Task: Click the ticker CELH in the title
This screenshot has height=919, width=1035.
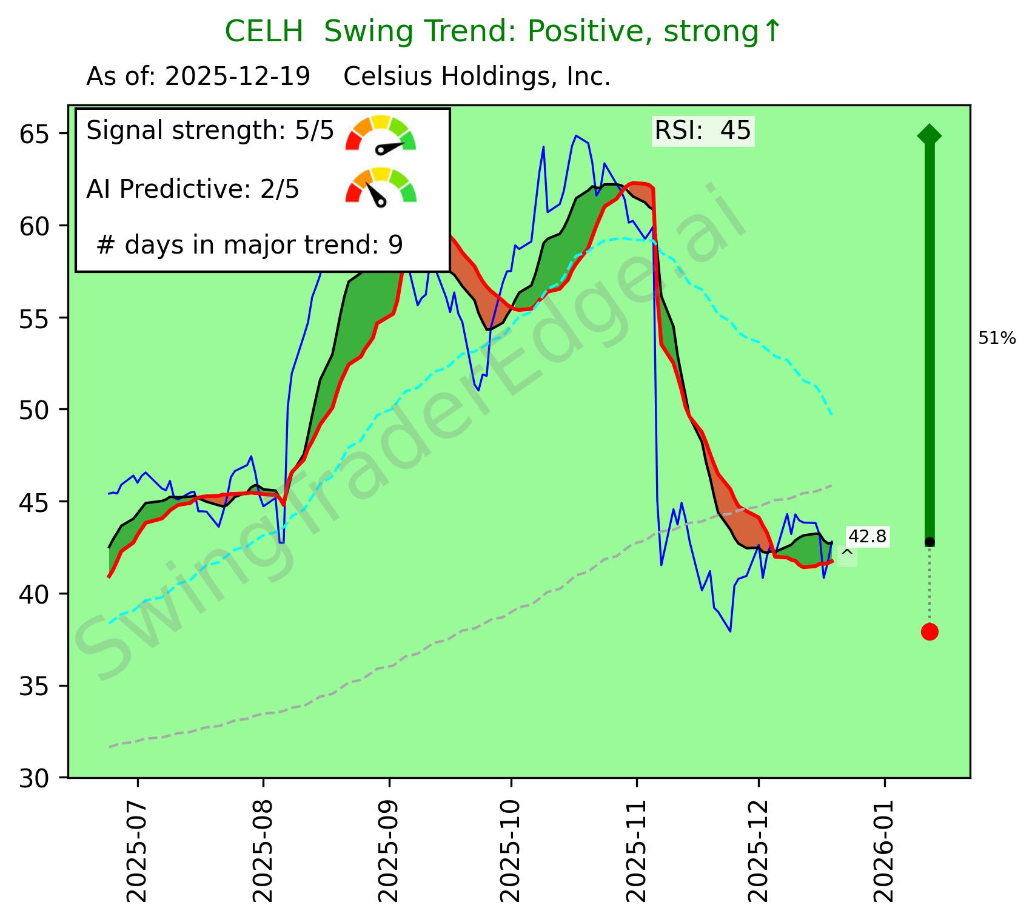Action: [x=263, y=32]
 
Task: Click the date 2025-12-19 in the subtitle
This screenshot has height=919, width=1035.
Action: [x=238, y=77]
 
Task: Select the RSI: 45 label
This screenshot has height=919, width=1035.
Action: [x=703, y=130]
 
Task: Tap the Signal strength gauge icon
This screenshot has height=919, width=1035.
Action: [x=381, y=133]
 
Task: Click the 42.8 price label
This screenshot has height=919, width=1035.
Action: [x=866, y=536]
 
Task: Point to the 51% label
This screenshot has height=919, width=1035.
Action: [x=997, y=339]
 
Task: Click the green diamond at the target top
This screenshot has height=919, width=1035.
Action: [x=929, y=135]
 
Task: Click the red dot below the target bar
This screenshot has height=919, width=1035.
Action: [x=929, y=631]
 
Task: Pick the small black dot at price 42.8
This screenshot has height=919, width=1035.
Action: [x=929, y=541]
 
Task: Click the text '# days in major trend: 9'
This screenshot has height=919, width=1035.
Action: [x=249, y=245]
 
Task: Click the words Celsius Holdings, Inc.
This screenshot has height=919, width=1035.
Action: [x=477, y=77]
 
